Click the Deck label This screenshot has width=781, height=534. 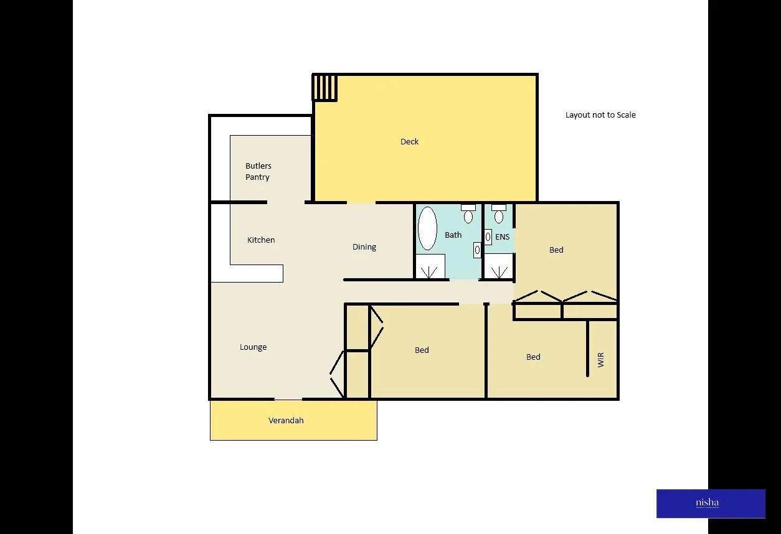(x=409, y=142)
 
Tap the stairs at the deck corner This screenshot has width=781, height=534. (x=324, y=87)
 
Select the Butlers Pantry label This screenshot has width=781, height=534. (x=258, y=171)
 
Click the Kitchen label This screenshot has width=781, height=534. (x=261, y=240)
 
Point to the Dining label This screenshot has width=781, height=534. (x=364, y=247)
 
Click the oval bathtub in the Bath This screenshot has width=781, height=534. (x=427, y=228)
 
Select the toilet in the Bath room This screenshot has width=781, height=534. (x=468, y=214)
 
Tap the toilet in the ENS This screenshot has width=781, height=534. (x=499, y=214)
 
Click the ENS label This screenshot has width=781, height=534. (x=503, y=237)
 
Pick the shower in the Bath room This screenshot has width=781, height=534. (x=430, y=266)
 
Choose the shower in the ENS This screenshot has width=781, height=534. (x=499, y=266)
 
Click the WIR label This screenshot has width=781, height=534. (x=601, y=360)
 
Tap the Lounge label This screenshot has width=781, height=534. (x=253, y=347)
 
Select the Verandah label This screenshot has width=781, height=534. (x=286, y=421)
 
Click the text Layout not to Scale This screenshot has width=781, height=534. (x=600, y=115)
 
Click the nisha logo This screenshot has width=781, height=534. (x=710, y=504)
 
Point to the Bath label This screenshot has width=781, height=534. (x=453, y=235)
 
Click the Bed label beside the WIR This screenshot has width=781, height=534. (x=533, y=357)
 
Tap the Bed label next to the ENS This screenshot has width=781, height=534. (x=556, y=250)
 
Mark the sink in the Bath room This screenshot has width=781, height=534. (x=477, y=250)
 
